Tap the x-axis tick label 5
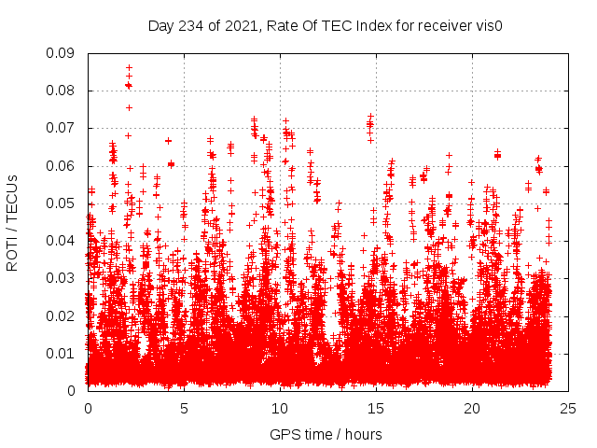pos(184,408)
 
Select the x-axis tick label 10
pos(280,408)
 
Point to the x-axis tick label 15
pos(376,408)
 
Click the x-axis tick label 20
pos(472,408)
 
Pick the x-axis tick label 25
pos(568,408)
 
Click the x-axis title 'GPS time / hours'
pos(326,434)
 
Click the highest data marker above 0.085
pos(129,67)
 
